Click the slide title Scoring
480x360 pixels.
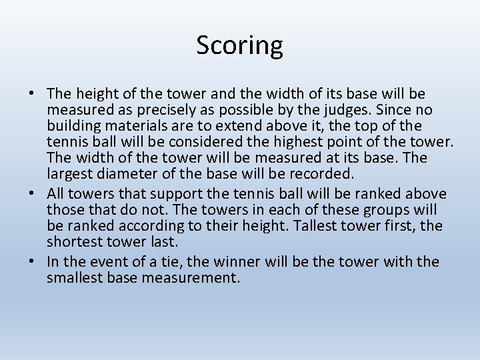tap(239, 45)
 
